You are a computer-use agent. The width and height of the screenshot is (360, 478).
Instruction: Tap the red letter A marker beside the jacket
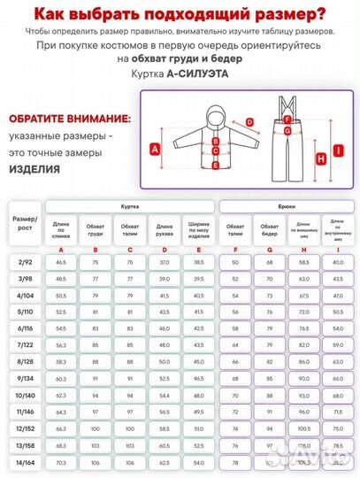[x=157, y=150]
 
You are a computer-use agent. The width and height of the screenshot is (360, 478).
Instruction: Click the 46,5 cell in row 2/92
[x=61, y=263]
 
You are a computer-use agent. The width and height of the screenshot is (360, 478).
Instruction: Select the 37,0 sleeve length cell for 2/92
[x=164, y=263]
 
